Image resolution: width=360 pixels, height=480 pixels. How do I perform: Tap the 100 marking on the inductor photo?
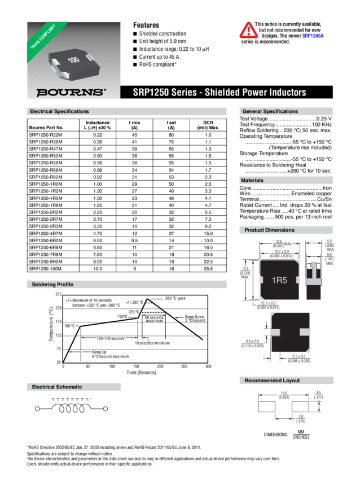coord(73,59)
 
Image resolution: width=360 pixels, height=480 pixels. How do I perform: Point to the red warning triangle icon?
coord(247,29)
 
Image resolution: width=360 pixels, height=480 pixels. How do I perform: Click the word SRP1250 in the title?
coord(148,93)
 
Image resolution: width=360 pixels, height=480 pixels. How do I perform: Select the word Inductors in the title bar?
coord(287,93)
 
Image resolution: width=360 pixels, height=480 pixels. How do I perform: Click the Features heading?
coord(145,25)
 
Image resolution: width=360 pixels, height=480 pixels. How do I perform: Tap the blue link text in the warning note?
coord(313,35)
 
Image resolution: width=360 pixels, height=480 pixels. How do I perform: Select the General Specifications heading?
coord(270,112)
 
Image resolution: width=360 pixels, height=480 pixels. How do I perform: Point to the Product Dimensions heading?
coord(269,230)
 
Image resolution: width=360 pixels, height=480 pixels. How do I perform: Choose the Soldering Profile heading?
coord(52,284)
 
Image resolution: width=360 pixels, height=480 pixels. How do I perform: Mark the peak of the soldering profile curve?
coord(148,297)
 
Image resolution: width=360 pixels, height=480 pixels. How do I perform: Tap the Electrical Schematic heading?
coord(57,387)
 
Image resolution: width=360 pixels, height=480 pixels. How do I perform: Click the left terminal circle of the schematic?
coord(38,408)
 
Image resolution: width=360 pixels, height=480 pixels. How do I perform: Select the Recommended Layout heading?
coord(271,381)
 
